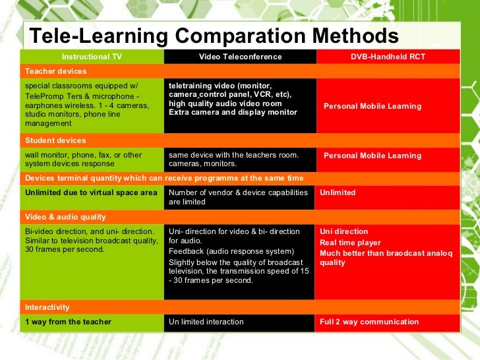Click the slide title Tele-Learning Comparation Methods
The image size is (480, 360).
214,36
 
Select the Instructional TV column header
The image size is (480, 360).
92,57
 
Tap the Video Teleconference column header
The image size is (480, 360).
240,57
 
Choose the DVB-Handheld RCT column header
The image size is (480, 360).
388,57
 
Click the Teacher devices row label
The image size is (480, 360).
55,71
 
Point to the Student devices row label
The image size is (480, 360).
55,140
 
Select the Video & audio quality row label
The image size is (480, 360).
65,217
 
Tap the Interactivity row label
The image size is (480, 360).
48,307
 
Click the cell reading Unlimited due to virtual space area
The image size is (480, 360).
91,193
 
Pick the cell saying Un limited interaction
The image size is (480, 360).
206,322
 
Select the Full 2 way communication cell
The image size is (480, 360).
369,322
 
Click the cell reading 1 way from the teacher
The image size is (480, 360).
68,322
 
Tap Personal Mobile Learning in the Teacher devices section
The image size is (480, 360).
373,106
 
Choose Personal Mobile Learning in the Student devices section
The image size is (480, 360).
373,156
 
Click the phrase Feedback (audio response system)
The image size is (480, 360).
231,251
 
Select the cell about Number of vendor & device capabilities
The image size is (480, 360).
238,197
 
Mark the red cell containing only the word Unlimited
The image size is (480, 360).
338,193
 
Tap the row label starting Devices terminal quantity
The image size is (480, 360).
164,178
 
